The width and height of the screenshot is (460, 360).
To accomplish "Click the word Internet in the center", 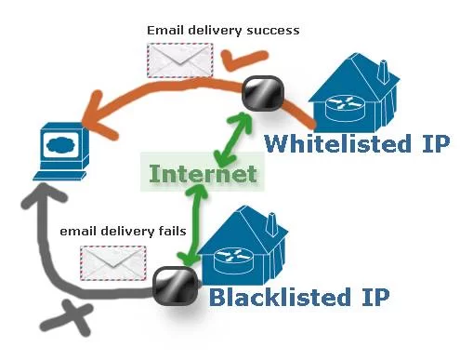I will click(203, 173).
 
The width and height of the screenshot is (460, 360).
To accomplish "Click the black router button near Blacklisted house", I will click(172, 287).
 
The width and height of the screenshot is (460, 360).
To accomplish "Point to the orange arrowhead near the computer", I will click(93, 114).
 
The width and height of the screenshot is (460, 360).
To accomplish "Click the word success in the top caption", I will click(273, 31).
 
